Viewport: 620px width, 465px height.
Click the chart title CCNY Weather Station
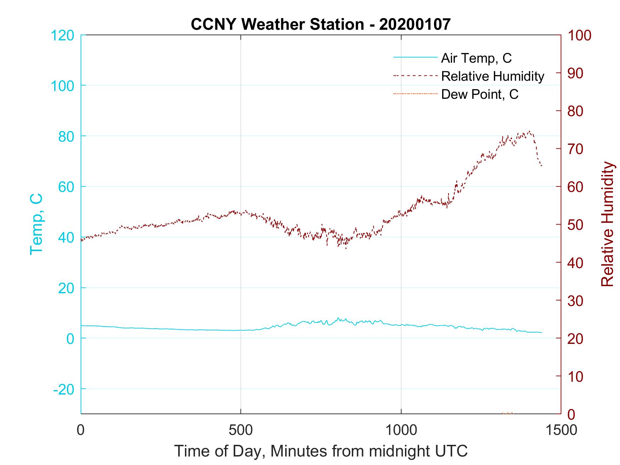pyautogui.click(x=321, y=24)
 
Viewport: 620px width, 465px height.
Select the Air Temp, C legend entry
pyautogui.click(x=476, y=58)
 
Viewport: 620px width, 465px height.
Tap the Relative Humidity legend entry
pyautogui.click(x=492, y=76)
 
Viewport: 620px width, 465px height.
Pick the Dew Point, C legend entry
pyautogui.click(x=479, y=94)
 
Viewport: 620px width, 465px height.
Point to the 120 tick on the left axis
pyautogui.click(x=62, y=35)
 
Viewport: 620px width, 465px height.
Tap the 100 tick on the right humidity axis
pyautogui.click(x=579, y=35)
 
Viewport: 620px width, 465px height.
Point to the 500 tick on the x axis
pyautogui.click(x=241, y=430)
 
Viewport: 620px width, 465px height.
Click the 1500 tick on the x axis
pyautogui.click(x=560, y=430)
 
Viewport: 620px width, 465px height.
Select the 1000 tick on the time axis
pyautogui.click(x=401, y=430)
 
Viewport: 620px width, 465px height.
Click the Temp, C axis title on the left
pyautogui.click(x=36, y=224)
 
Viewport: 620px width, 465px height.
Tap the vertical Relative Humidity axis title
pyautogui.click(x=607, y=224)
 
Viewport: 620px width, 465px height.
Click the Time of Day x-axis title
pyautogui.click(x=321, y=451)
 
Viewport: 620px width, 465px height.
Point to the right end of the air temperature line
pyautogui.click(x=542, y=332)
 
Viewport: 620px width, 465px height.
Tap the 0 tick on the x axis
pyautogui.click(x=81, y=430)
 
